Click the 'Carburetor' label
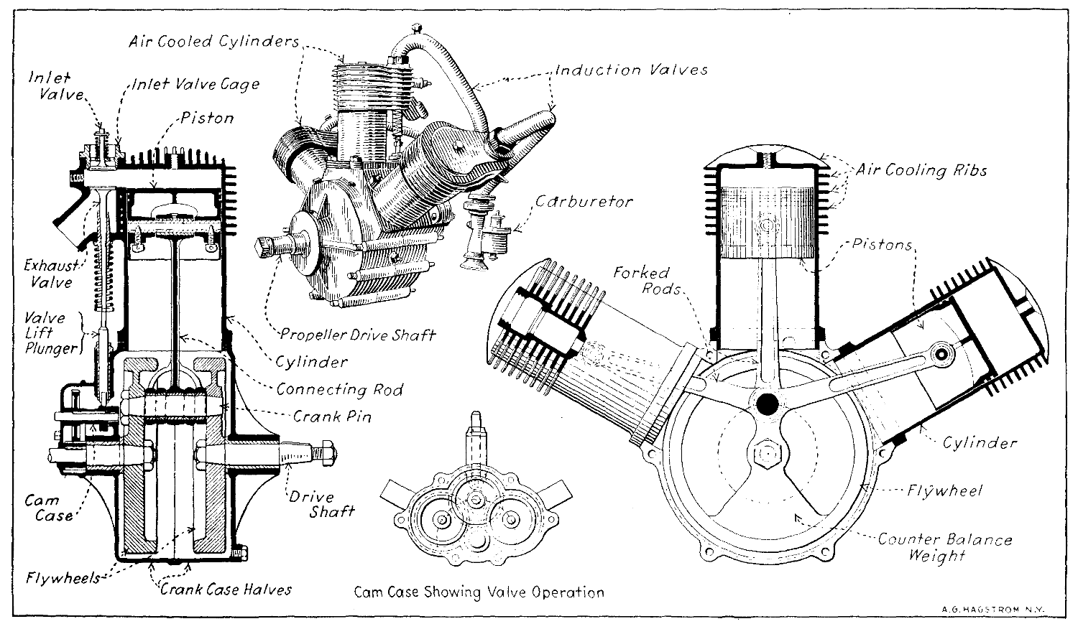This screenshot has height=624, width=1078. tap(584, 201)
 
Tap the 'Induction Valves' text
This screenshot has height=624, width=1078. tap(631, 70)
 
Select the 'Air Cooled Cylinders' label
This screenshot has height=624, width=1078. tap(213, 40)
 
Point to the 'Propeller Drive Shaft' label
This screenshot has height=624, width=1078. tap(357, 335)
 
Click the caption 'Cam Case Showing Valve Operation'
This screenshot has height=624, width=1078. tap(479, 592)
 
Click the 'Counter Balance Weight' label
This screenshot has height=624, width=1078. tap(944, 547)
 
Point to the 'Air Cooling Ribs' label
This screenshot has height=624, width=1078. tap(921, 170)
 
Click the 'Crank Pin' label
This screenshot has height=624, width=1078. tap(332, 416)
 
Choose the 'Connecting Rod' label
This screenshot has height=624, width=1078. tap(339, 389)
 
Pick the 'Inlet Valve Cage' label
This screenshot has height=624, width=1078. tap(195, 84)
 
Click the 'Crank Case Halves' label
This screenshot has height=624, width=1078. tap(226, 589)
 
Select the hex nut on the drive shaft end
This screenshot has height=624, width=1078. tap(325, 455)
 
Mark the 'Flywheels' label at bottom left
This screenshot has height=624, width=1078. tap(63, 577)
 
